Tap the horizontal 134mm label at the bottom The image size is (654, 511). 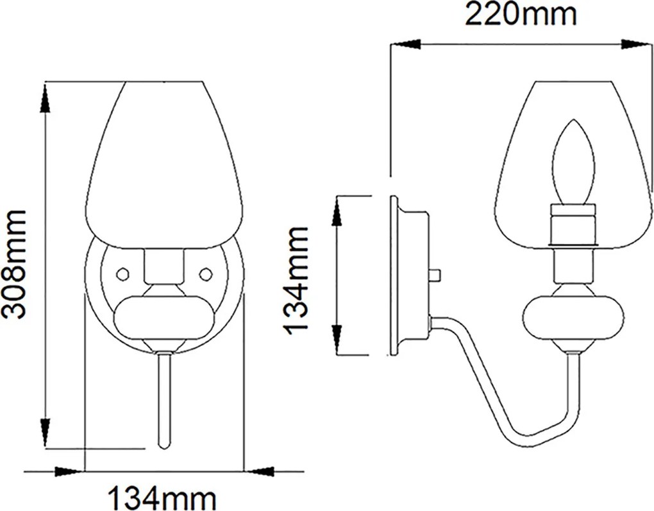(163, 498)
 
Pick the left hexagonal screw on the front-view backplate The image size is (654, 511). (123, 273)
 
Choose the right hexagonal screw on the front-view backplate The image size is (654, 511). (205, 273)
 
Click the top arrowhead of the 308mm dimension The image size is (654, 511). (46, 98)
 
